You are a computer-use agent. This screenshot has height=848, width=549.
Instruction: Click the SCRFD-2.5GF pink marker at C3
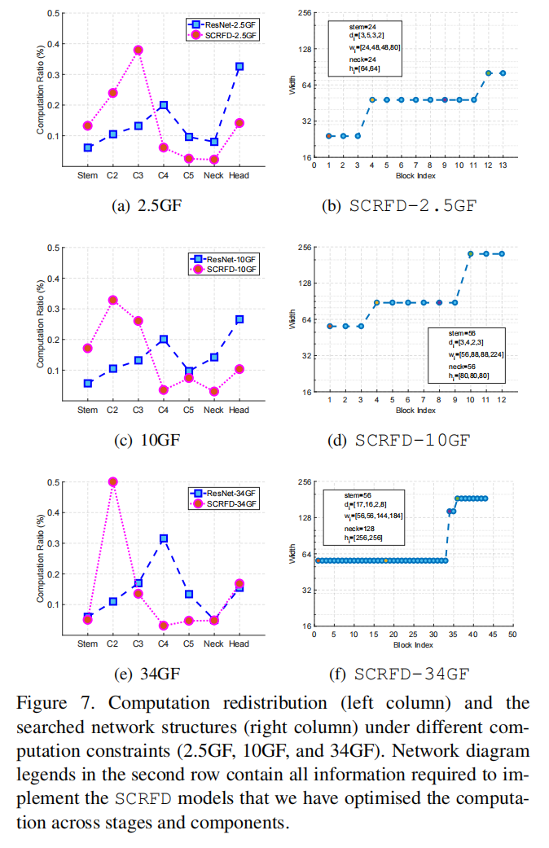(138, 50)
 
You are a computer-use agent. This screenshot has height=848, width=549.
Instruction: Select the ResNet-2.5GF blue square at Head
(239, 66)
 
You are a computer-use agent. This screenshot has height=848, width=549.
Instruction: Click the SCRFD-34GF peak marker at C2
(113, 481)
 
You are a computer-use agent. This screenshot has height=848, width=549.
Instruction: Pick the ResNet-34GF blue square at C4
(164, 538)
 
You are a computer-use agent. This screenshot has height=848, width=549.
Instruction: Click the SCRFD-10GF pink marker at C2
(113, 300)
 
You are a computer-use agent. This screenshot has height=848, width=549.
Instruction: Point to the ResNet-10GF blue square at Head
(239, 319)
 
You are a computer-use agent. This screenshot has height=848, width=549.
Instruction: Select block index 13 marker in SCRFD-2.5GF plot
(503, 73)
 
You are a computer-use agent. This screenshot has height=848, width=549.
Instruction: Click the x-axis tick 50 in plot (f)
(512, 635)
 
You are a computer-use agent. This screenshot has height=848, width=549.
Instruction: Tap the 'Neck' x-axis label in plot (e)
(213, 644)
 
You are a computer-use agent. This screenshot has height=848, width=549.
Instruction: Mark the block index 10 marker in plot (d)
(470, 253)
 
